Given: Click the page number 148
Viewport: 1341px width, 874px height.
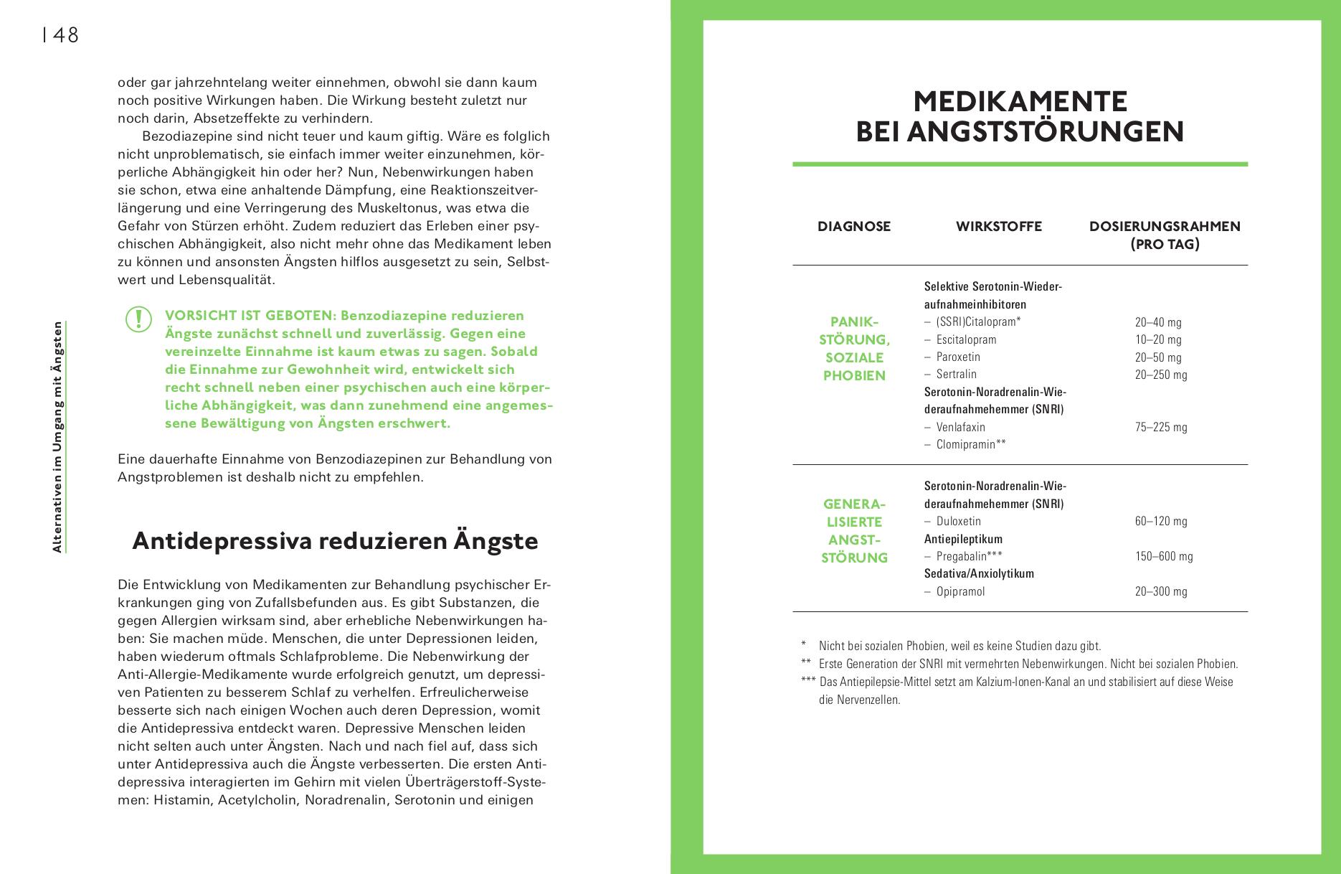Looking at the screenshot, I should tap(60, 35).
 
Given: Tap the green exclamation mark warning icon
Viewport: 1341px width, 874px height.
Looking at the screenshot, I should tap(138, 319).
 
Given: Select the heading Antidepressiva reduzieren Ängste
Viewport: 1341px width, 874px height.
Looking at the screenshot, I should tap(335, 540).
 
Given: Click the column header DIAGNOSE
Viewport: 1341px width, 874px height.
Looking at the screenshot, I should tap(853, 226).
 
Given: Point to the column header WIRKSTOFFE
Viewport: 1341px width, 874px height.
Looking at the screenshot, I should tap(998, 226).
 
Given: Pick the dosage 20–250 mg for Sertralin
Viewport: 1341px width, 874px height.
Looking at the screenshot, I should tap(1160, 375).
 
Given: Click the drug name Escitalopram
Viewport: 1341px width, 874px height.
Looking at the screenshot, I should tap(966, 339).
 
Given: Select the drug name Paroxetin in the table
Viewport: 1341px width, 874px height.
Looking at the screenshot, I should tap(957, 357).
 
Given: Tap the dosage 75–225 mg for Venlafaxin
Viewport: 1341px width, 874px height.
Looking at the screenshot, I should tap(1160, 427).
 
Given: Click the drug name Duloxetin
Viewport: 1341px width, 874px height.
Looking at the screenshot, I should tap(958, 521).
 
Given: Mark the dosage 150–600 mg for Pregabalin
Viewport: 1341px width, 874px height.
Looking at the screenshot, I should tap(1163, 556).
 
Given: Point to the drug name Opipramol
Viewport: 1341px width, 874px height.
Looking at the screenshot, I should tap(960, 591).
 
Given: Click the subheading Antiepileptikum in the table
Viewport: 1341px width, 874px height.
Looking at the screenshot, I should tap(963, 539).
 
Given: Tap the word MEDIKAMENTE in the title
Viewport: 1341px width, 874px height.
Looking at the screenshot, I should tap(1020, 102).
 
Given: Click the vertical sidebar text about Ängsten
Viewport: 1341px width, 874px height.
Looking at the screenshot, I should tap(57, 436).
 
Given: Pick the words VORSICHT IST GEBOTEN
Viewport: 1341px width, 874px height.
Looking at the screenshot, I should tap(250, 316).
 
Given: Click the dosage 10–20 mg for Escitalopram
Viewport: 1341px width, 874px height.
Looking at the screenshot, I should tap(1157, 339).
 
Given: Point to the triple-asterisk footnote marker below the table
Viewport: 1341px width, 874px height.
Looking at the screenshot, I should tap(808, 682).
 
